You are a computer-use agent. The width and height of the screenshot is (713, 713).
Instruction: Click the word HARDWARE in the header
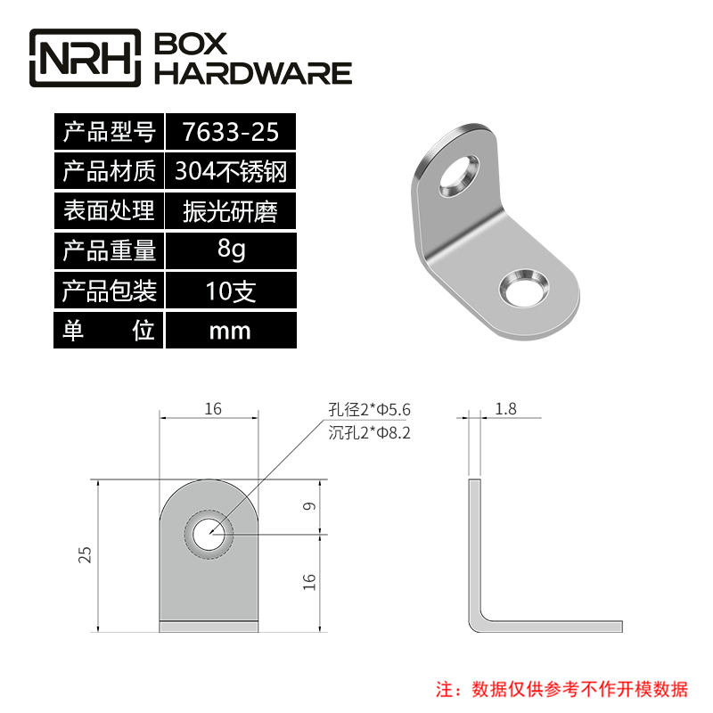[x=253, y=73]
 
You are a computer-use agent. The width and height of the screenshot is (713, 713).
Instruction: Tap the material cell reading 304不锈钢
[x=230, y=170]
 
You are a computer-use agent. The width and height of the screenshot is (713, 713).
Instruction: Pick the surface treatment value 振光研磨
[x=230, y=211]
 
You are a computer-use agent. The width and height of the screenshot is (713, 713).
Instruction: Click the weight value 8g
[x=230, y=250]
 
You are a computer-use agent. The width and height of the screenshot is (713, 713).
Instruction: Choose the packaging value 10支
[x=230, y=291]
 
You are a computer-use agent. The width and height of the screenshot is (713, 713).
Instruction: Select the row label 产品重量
[x=109, y=250]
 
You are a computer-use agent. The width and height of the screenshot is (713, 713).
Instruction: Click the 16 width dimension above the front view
[x=212, y=409]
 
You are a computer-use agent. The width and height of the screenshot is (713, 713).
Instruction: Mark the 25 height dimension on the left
[x=86, y=554]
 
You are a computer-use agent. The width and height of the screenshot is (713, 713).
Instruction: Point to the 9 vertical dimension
[x=308, y=506]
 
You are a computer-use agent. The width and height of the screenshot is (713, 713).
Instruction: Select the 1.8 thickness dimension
[x=504, y=409]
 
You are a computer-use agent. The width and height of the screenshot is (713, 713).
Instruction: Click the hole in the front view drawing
[x=209, y=534]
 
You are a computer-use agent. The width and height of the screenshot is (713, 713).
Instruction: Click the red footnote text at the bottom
[x=561, y=689]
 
